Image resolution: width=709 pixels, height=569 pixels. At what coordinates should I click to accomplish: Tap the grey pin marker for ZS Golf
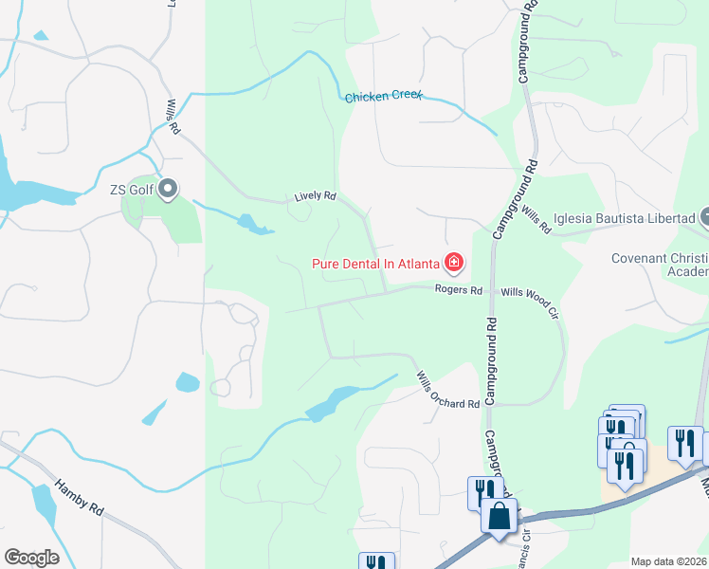(x=168, y=190)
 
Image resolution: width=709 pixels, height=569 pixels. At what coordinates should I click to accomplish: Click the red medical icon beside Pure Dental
(x=454, y=262)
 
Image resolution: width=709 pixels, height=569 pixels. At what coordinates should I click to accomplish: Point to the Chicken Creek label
(x=383, y=98)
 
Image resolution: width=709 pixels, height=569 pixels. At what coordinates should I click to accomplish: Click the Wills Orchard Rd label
(x=447, y=391)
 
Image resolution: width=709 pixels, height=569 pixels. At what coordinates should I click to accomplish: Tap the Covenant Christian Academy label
(x=660, y=266)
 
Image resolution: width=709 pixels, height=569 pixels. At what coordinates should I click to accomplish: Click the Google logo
(x=31, y=558)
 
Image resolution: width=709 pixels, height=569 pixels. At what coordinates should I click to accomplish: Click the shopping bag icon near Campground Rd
(x=499, y=518)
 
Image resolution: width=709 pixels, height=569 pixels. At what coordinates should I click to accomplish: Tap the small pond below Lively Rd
(x=253, y=225)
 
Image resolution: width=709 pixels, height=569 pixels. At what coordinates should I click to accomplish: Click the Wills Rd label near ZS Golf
(x=172, y=115)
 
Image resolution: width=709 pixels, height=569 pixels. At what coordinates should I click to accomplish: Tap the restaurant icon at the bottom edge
(x=376, y=562)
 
